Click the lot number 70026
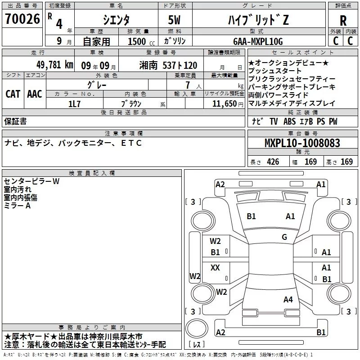[x=22, y=20]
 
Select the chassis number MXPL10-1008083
[x=302, y=144]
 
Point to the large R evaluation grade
[x=343, y=20]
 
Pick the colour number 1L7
[x=75, y=103]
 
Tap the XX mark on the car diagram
[x=215, y=267]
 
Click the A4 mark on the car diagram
[x=288, y=299]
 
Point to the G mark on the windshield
[x=284, y=237]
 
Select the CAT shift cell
[x=13, y=94]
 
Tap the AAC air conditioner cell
[x=35, y=94]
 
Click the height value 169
[x=346, y=162]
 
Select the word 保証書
[x=15, y=121]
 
